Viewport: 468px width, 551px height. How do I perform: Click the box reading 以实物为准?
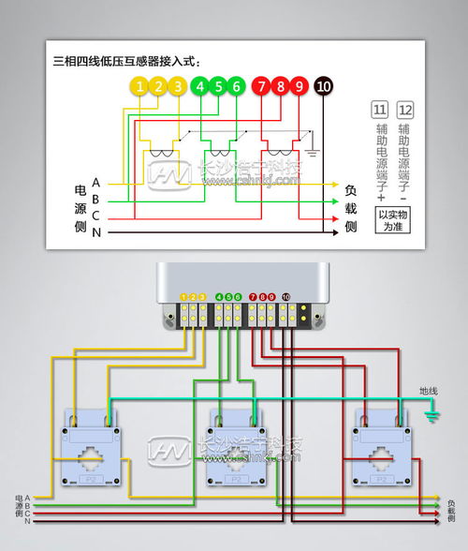(393, 220)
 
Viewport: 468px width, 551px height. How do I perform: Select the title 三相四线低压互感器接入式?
(127, 62)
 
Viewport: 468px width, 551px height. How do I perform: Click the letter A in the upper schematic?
(96, 183)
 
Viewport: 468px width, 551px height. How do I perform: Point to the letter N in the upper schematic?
(96, 231)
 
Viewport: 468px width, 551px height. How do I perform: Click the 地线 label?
(428, 391)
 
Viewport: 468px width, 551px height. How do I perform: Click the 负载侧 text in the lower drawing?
(452, 511)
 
